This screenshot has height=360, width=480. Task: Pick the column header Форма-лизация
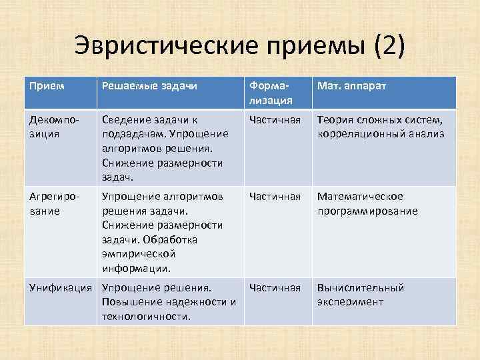tap(270, 93)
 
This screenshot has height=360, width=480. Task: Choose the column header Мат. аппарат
tap(352, 87)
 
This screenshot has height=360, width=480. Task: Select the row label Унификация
tap(61, 288)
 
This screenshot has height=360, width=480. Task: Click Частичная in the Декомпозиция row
tap(275, 121)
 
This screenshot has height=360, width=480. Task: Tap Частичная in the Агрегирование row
tap(275, 197)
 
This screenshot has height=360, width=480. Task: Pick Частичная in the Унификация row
tap(275, 288)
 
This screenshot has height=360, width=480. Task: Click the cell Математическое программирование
tap(367, 204)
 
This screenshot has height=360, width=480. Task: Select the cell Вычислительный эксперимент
tap(361, 295)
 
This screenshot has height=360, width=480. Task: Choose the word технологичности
tap(145, 316)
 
